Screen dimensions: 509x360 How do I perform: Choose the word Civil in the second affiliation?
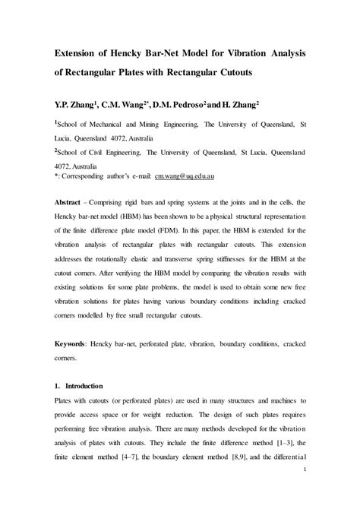click(99, 152)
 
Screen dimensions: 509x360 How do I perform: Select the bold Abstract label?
click(69, 204)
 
